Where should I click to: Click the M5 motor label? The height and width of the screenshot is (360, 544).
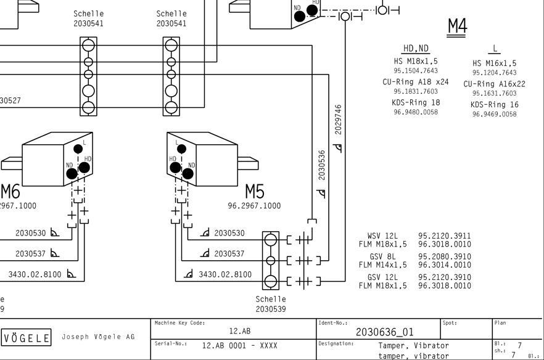[x=255, y=192]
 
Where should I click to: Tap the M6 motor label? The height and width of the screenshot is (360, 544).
[x=10, y=192]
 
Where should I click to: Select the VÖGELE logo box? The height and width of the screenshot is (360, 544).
[x=27, y=337]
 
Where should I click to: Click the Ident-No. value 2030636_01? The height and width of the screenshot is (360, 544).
[x=385, y=332]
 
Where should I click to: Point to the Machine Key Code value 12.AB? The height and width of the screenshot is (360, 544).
[x=240, y=331]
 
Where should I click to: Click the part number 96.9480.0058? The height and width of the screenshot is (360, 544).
[x=416, y=112]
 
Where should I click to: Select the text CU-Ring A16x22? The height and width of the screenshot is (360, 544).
[x=495, y=84]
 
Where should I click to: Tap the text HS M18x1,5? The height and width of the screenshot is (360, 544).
[x=416, y=62]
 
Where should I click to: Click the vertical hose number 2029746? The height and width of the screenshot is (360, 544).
[x=338, y=120]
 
